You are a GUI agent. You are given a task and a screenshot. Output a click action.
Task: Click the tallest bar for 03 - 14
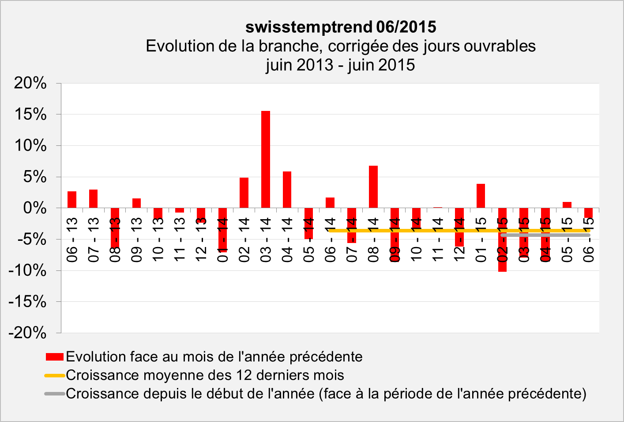pos(266,159)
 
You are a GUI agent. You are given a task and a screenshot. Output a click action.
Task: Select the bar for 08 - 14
pos(373,186)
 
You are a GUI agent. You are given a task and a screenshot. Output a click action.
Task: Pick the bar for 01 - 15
pos(481,196)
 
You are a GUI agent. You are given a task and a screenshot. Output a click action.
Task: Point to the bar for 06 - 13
pos(72,199)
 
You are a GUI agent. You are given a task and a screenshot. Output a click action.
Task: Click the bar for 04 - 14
pos(287,190)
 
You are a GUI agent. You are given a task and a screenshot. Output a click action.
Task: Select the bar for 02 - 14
pos(244,193)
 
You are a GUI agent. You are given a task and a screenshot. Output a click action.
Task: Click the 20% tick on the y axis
pos(30,83)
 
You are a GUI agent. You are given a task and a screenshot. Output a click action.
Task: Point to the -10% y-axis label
pos(27,270)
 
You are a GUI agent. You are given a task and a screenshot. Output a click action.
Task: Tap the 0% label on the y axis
pos(34,208)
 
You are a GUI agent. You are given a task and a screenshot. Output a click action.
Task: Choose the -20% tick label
pos(27,333)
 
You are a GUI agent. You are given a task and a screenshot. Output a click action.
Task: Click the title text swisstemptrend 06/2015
pos(341,27)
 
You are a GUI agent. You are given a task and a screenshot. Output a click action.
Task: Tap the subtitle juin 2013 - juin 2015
pos(340,65)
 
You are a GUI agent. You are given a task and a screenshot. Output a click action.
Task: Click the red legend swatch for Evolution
pos(55,357)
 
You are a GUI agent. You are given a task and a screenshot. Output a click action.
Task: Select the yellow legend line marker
pos(55,376)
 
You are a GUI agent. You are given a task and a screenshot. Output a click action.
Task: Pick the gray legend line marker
pos(55,394)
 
